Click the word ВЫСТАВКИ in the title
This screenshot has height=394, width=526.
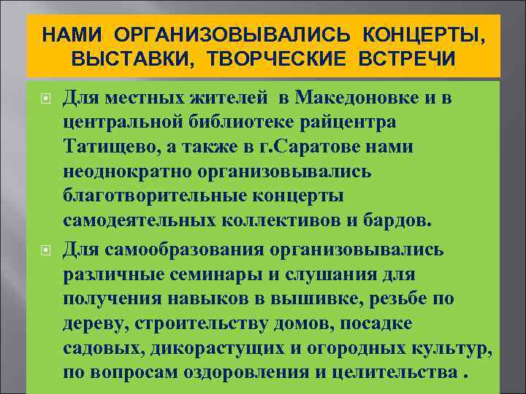[x=123, y=58]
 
